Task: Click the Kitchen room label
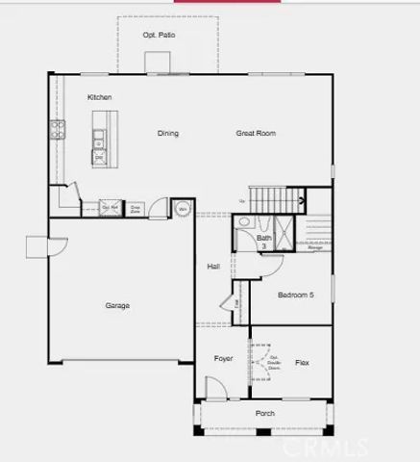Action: [x=100, y=97]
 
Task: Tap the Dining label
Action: [x=168, y=133]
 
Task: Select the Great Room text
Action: [x=256, y=133]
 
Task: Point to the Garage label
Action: [x=117, y=306]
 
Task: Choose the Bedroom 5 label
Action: [x=296, y=295]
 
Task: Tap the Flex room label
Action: [x=302, y=363]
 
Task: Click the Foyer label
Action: [x=223, y=358]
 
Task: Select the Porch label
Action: [x=264, y=414]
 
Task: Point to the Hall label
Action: [x=214, y=266]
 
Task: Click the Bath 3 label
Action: [x=263, y=242]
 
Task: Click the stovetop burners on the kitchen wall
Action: [x=58, y=130]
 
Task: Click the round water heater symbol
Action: [x=182, y=208]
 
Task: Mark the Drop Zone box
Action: [x=136, y=207]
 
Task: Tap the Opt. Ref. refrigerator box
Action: [x=111, y=207]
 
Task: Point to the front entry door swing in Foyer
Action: [x=217, y=389]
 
